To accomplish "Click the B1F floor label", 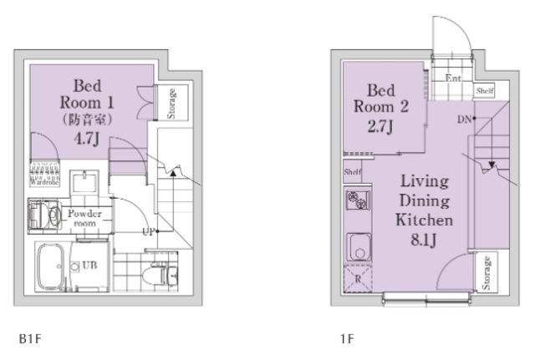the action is tap(30, 338).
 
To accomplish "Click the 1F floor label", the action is tap(347, 338).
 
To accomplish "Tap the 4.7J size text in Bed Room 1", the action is tap(87, 139).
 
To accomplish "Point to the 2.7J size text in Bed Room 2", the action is tap(380, 126).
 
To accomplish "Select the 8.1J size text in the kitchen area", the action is tap(424, 241).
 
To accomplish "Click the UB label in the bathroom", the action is tap(89, 265).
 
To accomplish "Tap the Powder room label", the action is tap(84, 218).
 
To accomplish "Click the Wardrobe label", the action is tap(44, 182).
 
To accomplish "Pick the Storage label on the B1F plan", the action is tap(171, 104).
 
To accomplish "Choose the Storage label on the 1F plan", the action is tap(487, 273).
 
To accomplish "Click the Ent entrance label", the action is tap(453, 78).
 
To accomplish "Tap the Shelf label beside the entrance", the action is tap(485, 91).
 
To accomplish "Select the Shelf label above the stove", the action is tap(353, 172).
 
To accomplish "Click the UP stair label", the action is tap(149, 232).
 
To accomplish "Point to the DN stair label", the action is tap(464, 119).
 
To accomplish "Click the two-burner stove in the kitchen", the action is tap(358, 200).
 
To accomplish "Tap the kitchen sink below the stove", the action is tap(359, 247).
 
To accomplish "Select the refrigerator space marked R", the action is tap(358, 278).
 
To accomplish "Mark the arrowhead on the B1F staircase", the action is tap(173, 174).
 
